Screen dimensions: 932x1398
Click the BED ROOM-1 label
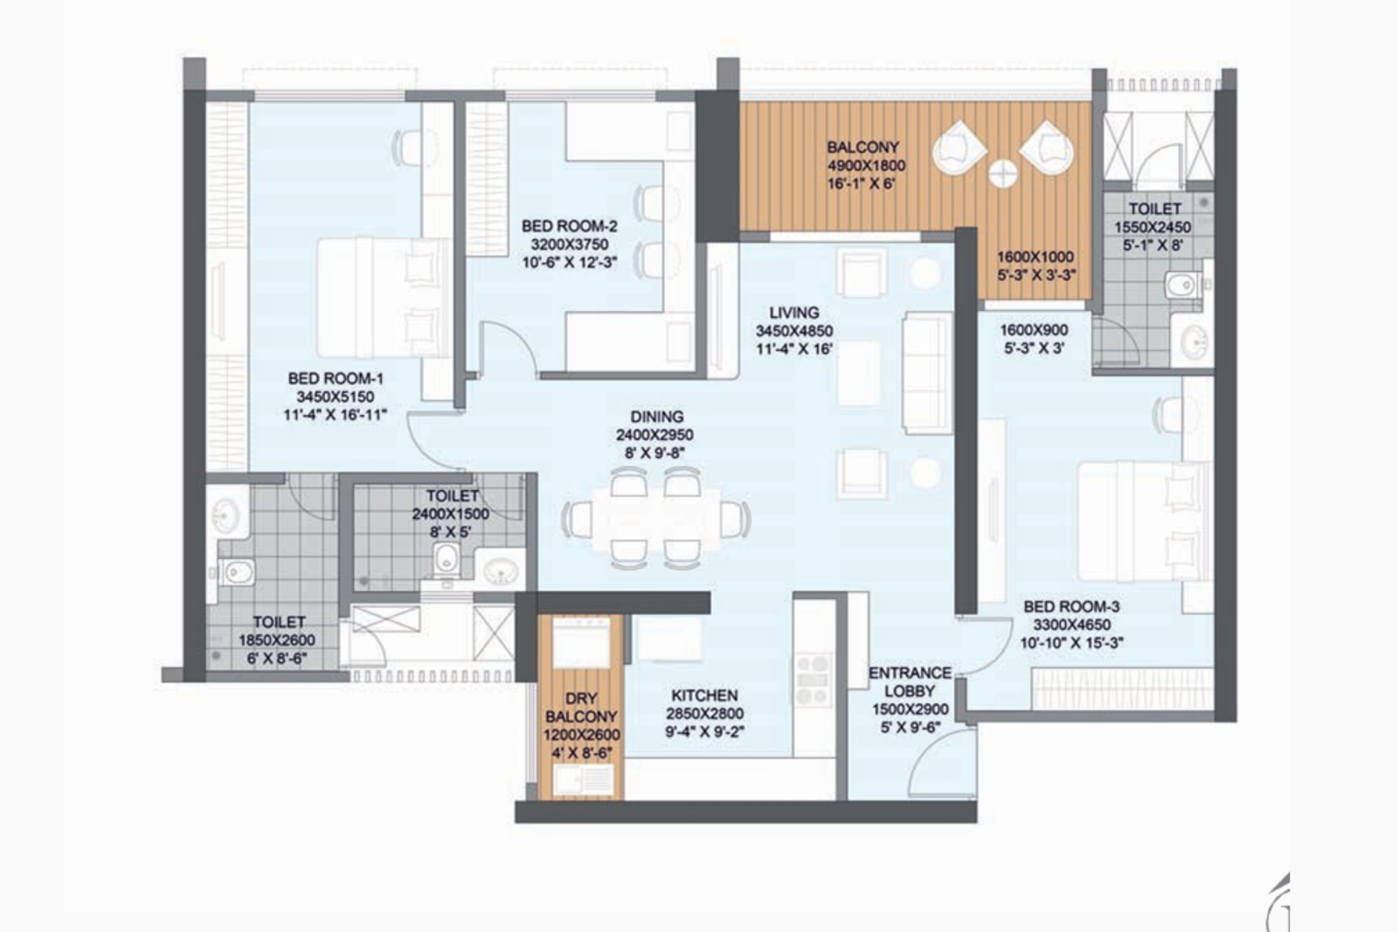click(x=336, y=379)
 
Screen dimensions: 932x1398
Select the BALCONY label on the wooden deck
click(x=862, y=148)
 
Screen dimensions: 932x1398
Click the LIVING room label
click(x=793, y=313)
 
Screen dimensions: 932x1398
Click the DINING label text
click(x=655, y=418)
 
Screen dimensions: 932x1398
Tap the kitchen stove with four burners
click(x=813, y=678)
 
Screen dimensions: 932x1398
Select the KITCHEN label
click(x=704, y=696)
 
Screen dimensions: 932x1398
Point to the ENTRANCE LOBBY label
click(x=910, y=681)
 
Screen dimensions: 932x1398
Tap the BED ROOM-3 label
click(x=1071, y=607)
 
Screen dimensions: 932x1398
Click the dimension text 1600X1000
click(x=1036, y=257)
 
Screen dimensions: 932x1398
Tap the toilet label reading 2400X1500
click(x=450, y=514)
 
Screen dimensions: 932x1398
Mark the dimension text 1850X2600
click(x=278, y=640)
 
